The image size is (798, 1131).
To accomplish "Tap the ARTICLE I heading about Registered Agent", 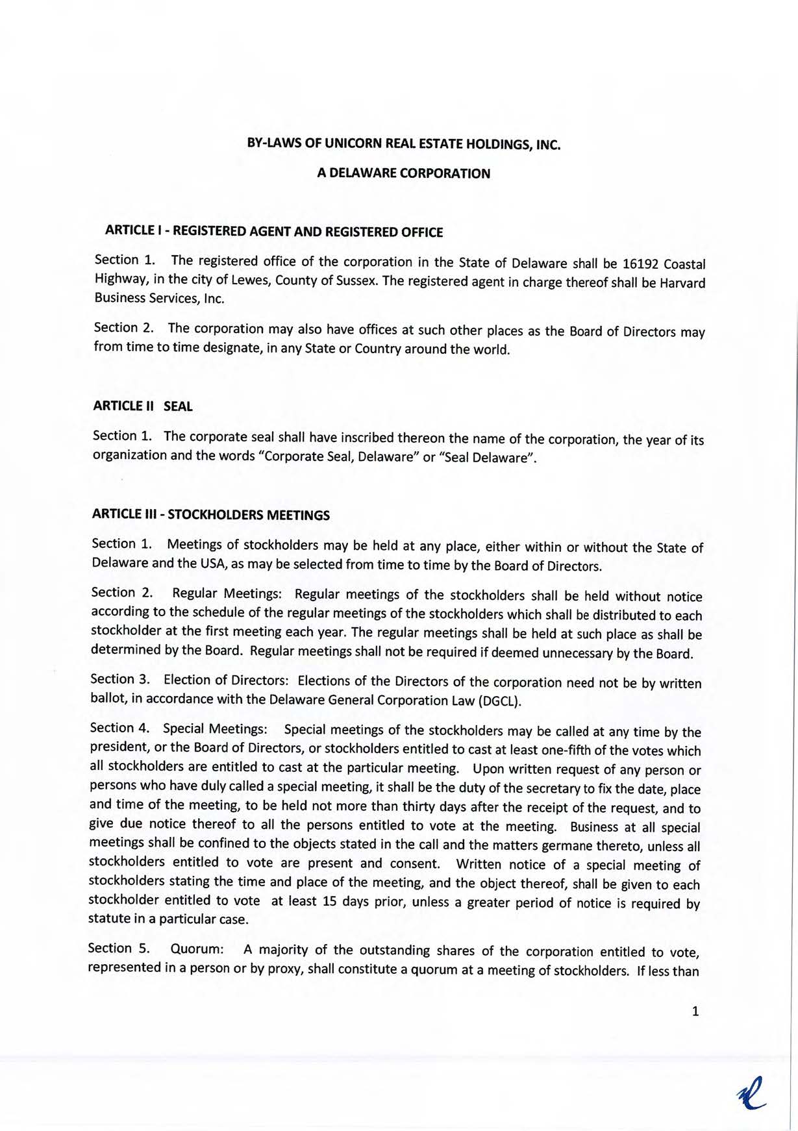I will (x=274, y=232).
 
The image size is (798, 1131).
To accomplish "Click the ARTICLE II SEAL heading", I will (x=143, y=406).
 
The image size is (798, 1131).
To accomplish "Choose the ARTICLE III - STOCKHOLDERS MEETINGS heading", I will (x=211, y=515).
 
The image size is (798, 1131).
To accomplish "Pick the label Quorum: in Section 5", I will (x=197, y=949).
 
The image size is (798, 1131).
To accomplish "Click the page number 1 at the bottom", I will (x=696, y=1011).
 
